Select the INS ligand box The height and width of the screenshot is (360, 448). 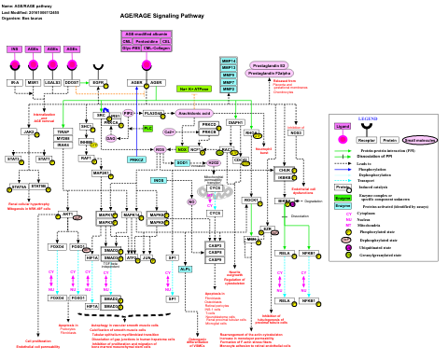(14, 48)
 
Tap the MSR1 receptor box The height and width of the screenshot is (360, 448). (34, 83)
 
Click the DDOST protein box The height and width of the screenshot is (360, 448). (72, 83)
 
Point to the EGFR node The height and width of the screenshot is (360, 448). (97, 83)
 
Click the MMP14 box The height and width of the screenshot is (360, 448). (229, 60)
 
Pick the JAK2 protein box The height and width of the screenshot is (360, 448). (29, 132)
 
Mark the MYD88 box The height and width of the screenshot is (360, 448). (63, 139)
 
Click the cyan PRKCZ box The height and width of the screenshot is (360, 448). (136, 159)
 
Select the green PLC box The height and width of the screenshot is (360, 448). (147, 128)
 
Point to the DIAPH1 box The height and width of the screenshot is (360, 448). (235, 123)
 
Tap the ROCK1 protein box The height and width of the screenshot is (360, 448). (250, 201)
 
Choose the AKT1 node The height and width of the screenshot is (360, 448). (67, 215)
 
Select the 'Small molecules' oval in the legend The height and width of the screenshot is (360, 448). (420, 140)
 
